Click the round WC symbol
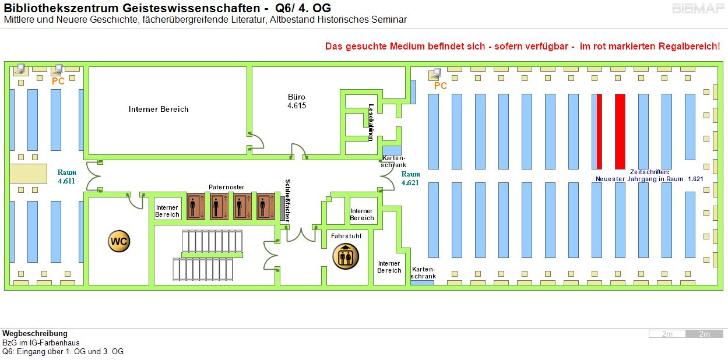(x=119, y=241)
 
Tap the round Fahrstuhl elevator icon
(x=346, y=257)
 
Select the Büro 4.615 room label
(x=297, y=101)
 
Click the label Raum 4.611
(x=67, y=177)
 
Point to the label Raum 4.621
(x=410, y=178)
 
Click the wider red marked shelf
(x=620, y=131)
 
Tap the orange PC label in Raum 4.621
(x=441, y=86)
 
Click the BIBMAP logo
(x=697, y=9)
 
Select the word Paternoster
(x=226, y=187)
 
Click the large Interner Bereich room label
(x=159, y=109)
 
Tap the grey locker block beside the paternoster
(x=282, y=208)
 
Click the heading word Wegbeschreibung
(x=35, y=334)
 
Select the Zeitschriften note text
(x=649, y=175)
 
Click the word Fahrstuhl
(x=346, y=237)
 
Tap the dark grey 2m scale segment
(x=704, y=334)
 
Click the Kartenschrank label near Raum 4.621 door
(x=393, y=162)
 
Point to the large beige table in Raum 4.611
(x=28, y=174)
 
